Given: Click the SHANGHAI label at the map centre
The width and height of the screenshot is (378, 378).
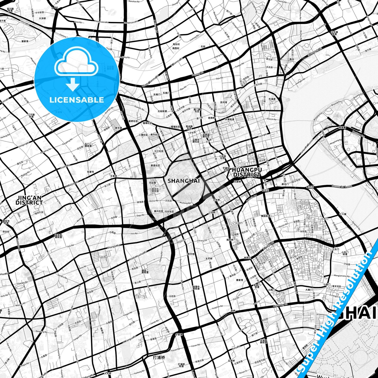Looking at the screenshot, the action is coord(184,181).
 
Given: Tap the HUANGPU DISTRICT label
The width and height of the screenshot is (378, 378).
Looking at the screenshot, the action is coord(247,172).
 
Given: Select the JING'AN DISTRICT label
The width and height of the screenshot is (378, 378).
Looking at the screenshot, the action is coord(29,200).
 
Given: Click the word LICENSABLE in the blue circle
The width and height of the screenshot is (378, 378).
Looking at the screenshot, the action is coord(77,100).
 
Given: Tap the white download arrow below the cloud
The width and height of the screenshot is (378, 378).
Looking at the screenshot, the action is coord(73,84).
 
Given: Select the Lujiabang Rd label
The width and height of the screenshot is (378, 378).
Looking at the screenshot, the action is coord(280,305).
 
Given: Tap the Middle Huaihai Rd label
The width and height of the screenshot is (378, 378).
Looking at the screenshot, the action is coord(138,256).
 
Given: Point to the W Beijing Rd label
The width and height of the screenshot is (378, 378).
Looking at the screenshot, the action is coord(72,184).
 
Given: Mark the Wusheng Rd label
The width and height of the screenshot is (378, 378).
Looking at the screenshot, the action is coord(185,203).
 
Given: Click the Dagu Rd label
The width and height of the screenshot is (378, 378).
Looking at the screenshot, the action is coord(140,215).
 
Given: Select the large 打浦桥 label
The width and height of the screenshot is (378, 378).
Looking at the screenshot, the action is coord(159,357).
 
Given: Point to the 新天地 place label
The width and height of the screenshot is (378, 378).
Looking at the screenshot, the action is coord(191,254).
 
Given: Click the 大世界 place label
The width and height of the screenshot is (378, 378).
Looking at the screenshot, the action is coord(216,200).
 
